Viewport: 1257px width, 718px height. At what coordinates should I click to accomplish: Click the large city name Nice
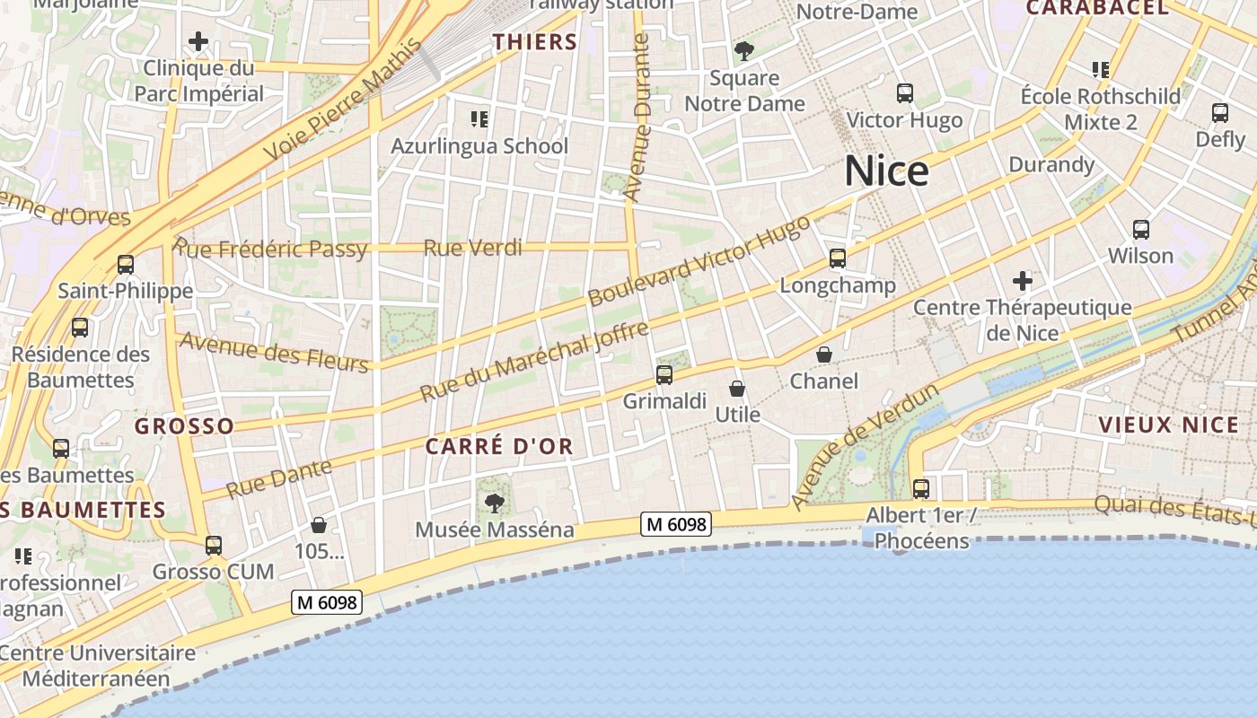pyautogui.click(x=886, y=171)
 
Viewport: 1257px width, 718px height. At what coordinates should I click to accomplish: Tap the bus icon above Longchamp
pyautogui.click(x=838, y=258)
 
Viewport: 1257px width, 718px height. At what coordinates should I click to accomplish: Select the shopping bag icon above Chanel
pyautogui.click(x=824, y=355)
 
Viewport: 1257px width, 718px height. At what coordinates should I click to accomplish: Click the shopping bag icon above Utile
pyautogui.click(x=737, y=389)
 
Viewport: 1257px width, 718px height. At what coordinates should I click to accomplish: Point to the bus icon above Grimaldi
pyautogui.click(x=664, y=375)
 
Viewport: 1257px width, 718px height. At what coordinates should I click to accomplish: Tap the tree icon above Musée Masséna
pyautogui.click(x=494, y=503)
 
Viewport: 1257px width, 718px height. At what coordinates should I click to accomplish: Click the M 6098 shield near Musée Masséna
pyautogui.click(x=676, y=524)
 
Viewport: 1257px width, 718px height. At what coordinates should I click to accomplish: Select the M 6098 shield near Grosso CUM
pyautogui.click(x=327, y=603)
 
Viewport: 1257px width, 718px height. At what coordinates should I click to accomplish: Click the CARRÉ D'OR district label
pyautogui.click(x=499, y=446)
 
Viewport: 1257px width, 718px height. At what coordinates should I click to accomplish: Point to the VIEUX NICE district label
pyautogui.click(x=1168, y=425)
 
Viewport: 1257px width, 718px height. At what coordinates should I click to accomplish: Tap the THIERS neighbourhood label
pyautogui.click(x=535, y=41)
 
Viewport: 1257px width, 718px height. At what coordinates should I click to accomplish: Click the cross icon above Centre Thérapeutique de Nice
pyautogui.click(x=1022, y=281)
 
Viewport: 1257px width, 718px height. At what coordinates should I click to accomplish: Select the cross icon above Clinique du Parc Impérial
pyautogui.click(x=198, y=41)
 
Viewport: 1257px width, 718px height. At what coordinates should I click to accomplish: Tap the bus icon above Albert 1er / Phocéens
pyautogui.click(x=921, y=489)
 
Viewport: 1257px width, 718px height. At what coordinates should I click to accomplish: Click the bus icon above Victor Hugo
pyautogui.click(x=905, y=93)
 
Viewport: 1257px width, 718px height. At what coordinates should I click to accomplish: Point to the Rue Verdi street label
pyautogui.click(x=472, y=248)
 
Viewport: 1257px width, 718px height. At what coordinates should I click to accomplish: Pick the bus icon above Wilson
pyautogui.click(x=1141, y=230)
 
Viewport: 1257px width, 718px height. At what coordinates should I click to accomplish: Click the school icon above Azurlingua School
pyautogui.click(x=479, y=118)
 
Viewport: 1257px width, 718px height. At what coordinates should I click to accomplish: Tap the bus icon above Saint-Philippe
pyautogui.click(x=126, y=265)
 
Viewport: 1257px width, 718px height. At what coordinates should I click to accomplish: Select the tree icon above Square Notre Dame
pyautogui.click(x=744, y=51)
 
